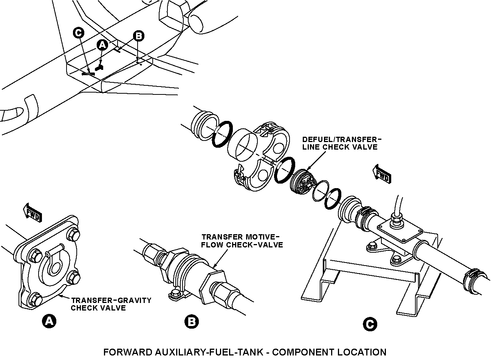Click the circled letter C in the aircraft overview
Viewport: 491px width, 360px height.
point(79,33)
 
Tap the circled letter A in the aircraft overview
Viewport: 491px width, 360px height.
point(102,45)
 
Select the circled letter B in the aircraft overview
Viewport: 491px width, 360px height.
point(139,36)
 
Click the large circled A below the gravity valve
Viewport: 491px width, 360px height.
point(49,321)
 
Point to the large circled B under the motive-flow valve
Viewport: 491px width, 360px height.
point(192,321)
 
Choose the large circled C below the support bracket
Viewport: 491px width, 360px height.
point(370,324)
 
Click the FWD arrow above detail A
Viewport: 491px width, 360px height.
point(33,212)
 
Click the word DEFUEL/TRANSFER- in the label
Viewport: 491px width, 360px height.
point(342,139)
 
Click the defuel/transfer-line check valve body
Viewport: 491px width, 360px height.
point(302,182)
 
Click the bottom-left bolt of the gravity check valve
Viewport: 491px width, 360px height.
point(35,300)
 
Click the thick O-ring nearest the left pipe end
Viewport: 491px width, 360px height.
point(222,134)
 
